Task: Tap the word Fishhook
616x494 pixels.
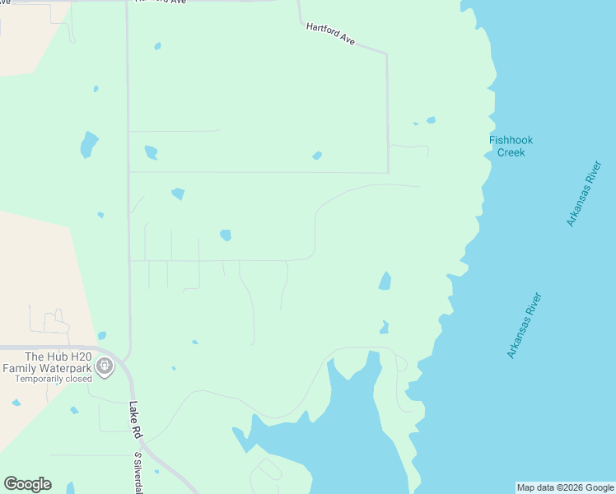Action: (x=511, y=140)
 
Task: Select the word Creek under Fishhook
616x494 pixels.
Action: (x=511, y=152)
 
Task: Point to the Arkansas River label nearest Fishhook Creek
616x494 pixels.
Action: (x=584, y=193)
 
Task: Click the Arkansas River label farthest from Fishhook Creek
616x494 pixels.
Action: (x=524, y=325)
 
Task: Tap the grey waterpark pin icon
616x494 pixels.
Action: (x=105, y=366)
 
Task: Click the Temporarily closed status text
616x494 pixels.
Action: (x=46, y=380)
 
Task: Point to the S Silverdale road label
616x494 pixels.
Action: (x=138, y=473)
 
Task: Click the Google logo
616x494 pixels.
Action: (x=27, y=484)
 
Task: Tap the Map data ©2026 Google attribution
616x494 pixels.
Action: (x=566, y=487)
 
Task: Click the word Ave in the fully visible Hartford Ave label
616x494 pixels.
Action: (x=347, y=39)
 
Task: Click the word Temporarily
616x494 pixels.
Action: (x=30, y=380)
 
